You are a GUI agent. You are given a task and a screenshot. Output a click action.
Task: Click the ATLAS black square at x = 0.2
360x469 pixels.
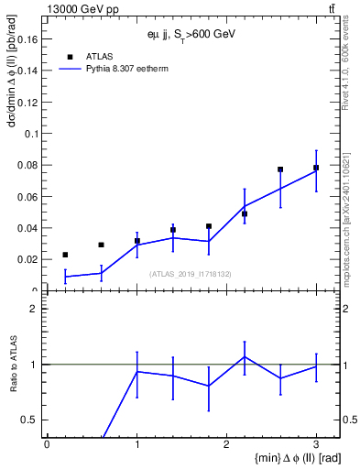[x=65, y=255]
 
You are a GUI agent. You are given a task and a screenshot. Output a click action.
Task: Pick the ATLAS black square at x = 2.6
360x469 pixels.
[x=280, y=169]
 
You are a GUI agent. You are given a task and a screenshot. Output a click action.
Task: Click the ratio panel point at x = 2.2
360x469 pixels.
[x=245, y=357]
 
